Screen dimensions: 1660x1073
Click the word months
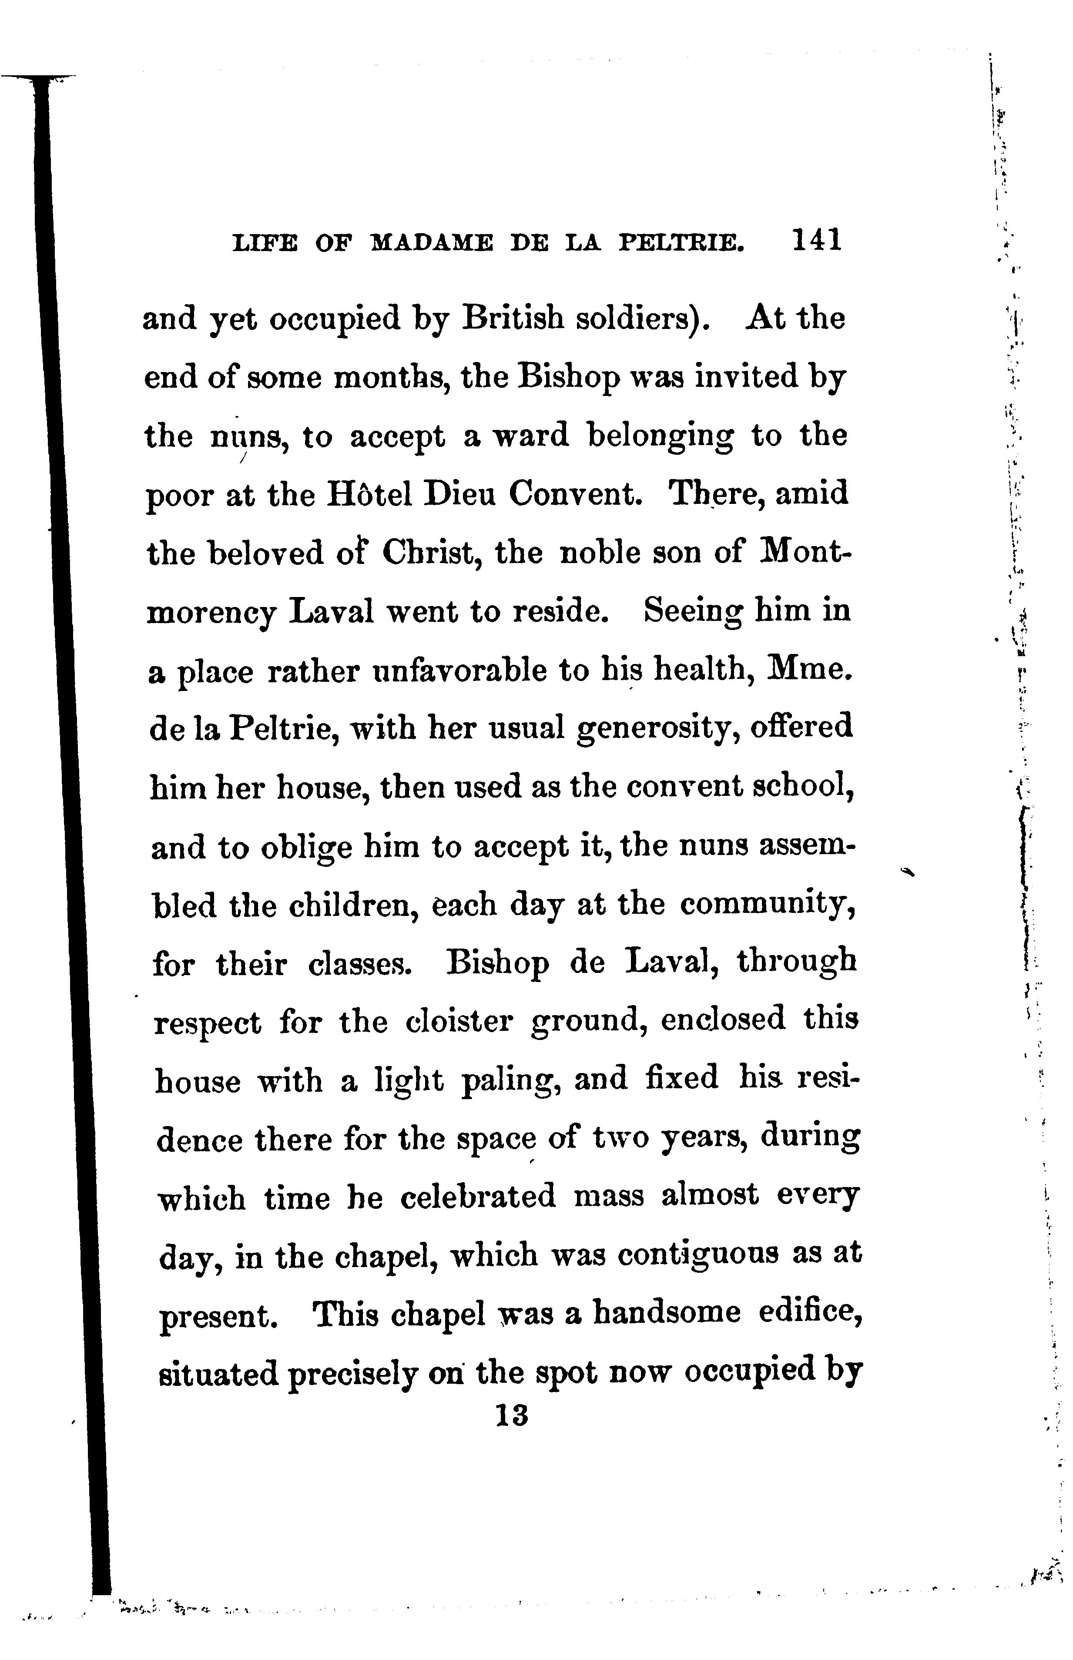pyautogui.click(x=393, y=378)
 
